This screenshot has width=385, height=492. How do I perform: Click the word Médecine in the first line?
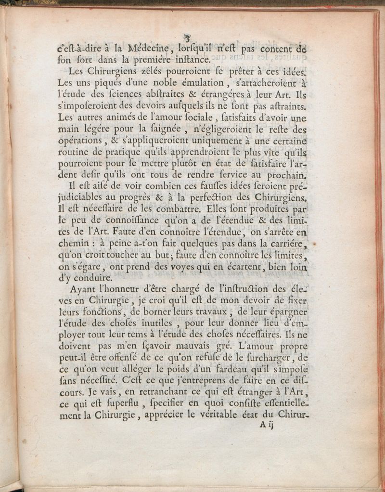(150, 48)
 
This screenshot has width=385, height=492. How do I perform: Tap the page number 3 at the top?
(188, 37)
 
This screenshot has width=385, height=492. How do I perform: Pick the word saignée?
(154, 129)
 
